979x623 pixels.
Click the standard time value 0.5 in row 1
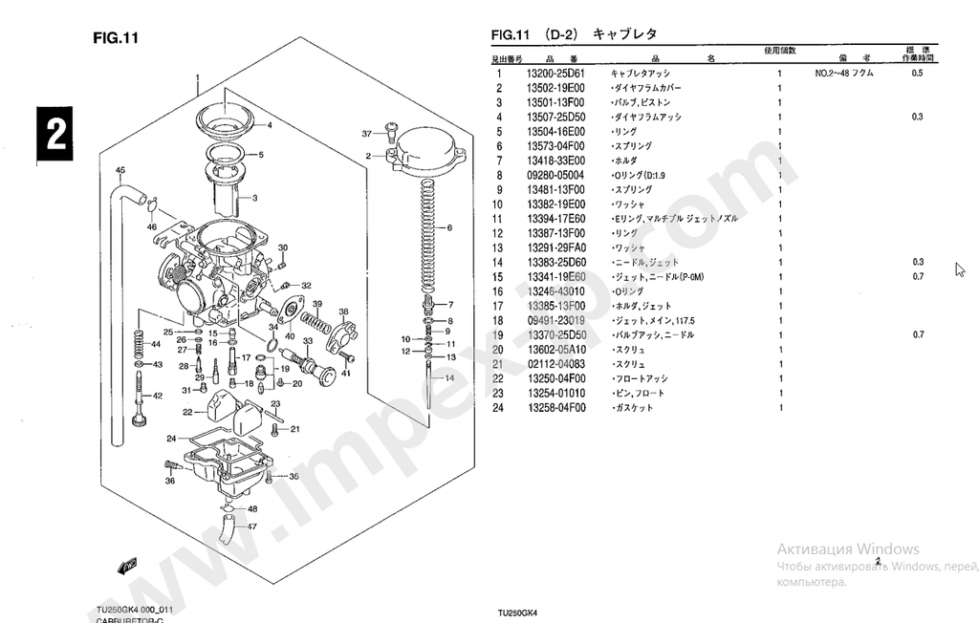pos(918,74)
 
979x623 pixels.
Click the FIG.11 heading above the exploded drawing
pos(117,38)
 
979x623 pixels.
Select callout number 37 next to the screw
pos(366,133)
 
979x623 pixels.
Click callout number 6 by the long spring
pos(449,228)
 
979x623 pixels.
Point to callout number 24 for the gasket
pos(171,439)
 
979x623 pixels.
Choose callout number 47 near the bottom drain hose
pos(252,526)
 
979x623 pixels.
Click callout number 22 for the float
pos(187,413)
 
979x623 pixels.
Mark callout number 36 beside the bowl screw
pos(169,481)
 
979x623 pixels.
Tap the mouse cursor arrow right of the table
pos(960,269)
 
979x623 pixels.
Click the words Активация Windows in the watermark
pos(847,549)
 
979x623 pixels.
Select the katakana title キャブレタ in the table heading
pos(625,34)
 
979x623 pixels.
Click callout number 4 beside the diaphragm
pos(269,125)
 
